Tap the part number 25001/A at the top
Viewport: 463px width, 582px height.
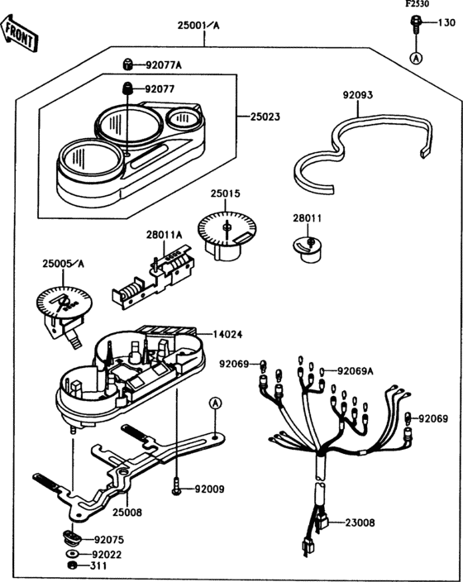(x=198, y=26)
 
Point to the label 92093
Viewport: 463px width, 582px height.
(x=357, y=96)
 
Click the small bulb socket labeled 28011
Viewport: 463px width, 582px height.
(x=306, y=246)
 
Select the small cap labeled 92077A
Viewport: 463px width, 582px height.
(x=129, y=64)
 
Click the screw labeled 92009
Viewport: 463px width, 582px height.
(x=177, y=489)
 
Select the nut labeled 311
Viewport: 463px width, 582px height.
(x=71, y=566)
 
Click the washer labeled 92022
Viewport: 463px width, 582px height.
(x=72, y=553)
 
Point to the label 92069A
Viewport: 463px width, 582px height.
(x=356, y=371)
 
